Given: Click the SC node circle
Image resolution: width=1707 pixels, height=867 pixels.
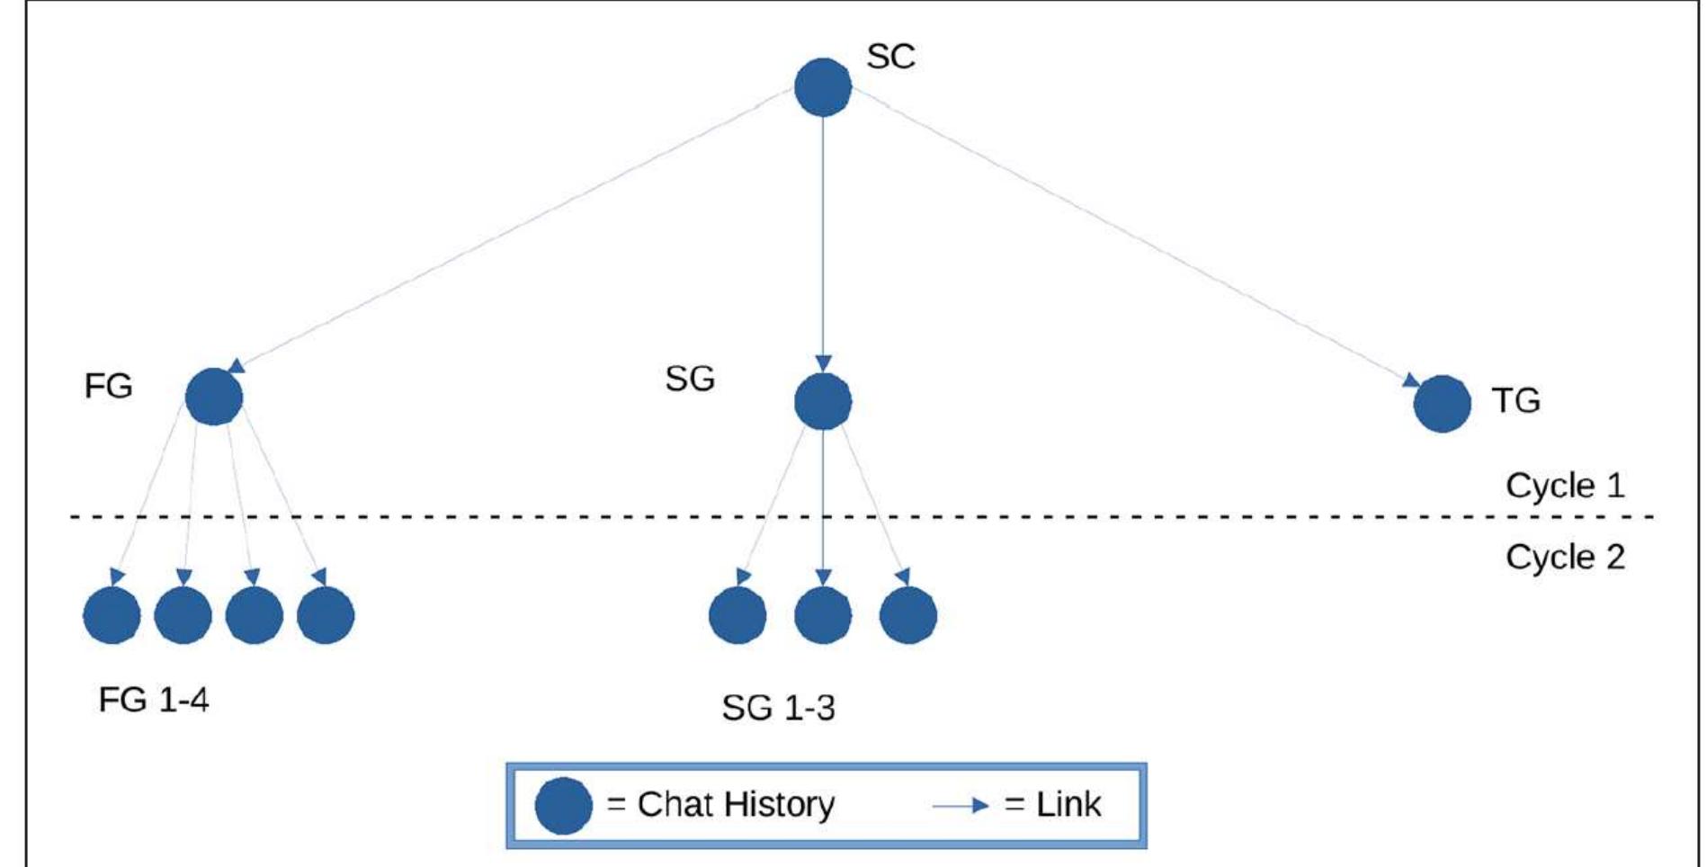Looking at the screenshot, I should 822,87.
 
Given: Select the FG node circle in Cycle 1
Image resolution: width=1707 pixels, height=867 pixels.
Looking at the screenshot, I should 213,397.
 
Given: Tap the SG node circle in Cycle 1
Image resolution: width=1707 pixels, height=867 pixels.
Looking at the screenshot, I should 822,401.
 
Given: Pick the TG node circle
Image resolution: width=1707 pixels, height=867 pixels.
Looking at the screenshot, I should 1442,404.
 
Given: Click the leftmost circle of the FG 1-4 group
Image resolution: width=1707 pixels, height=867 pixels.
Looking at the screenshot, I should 112,615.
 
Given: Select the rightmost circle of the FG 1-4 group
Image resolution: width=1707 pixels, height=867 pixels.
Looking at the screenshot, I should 326,615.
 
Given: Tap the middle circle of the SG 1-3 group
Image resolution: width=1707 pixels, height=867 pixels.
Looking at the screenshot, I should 822,615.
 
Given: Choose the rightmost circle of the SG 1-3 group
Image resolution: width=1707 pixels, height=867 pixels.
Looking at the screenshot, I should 907,615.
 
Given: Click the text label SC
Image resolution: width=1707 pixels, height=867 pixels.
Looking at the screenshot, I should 890,56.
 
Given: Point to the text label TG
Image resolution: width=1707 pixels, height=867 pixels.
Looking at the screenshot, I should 1515,400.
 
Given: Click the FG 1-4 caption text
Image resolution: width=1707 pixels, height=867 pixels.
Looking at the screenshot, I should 153,699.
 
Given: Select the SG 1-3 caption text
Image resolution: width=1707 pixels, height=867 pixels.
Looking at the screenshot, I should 778,708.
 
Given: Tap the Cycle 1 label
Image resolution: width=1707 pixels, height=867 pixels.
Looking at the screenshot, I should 1565,486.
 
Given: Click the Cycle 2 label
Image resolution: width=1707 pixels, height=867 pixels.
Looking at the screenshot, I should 1565,557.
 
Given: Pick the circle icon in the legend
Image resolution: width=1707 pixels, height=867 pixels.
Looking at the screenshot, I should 563,805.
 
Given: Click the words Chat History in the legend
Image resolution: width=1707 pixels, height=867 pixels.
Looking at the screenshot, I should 736,804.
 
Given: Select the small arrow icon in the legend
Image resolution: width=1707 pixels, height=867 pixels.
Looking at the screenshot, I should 961,806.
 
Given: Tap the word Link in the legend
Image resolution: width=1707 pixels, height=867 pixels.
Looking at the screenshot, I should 1068,804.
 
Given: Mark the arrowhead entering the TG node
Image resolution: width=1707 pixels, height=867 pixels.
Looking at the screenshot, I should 1412,381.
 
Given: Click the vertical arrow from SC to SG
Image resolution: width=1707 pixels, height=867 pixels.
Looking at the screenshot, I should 822,234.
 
